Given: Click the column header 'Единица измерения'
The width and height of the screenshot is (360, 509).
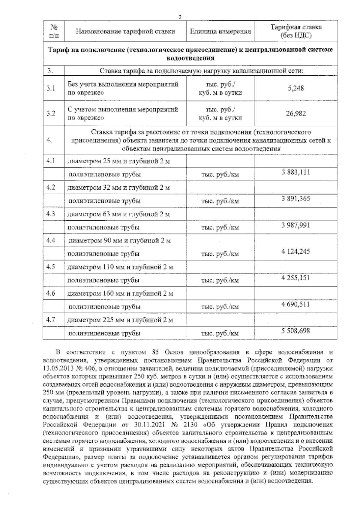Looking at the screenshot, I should (220, 31).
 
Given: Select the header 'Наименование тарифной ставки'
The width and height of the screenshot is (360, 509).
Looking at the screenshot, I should (125, 31).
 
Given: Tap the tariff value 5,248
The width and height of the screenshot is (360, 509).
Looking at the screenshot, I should (296, 88).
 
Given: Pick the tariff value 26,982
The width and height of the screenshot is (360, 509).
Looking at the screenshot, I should (296, 113).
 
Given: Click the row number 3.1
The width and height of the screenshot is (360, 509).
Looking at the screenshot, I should (51, 88).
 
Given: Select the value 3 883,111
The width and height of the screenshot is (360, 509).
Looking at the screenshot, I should (296, 172).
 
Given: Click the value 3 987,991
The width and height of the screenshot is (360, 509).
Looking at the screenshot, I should (296, 225).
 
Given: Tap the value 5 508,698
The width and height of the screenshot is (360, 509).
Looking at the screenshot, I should (296, 331).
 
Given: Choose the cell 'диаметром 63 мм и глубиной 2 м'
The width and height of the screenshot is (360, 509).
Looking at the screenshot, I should (119, 214).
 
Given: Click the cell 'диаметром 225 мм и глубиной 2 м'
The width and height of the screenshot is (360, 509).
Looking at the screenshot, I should (120, 320).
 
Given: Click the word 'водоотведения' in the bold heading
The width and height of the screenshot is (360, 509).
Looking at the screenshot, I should (190, 58).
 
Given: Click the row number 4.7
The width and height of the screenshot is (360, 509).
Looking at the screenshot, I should (51, 320).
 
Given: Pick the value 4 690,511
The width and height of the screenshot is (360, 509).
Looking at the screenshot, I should (296, 305).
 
